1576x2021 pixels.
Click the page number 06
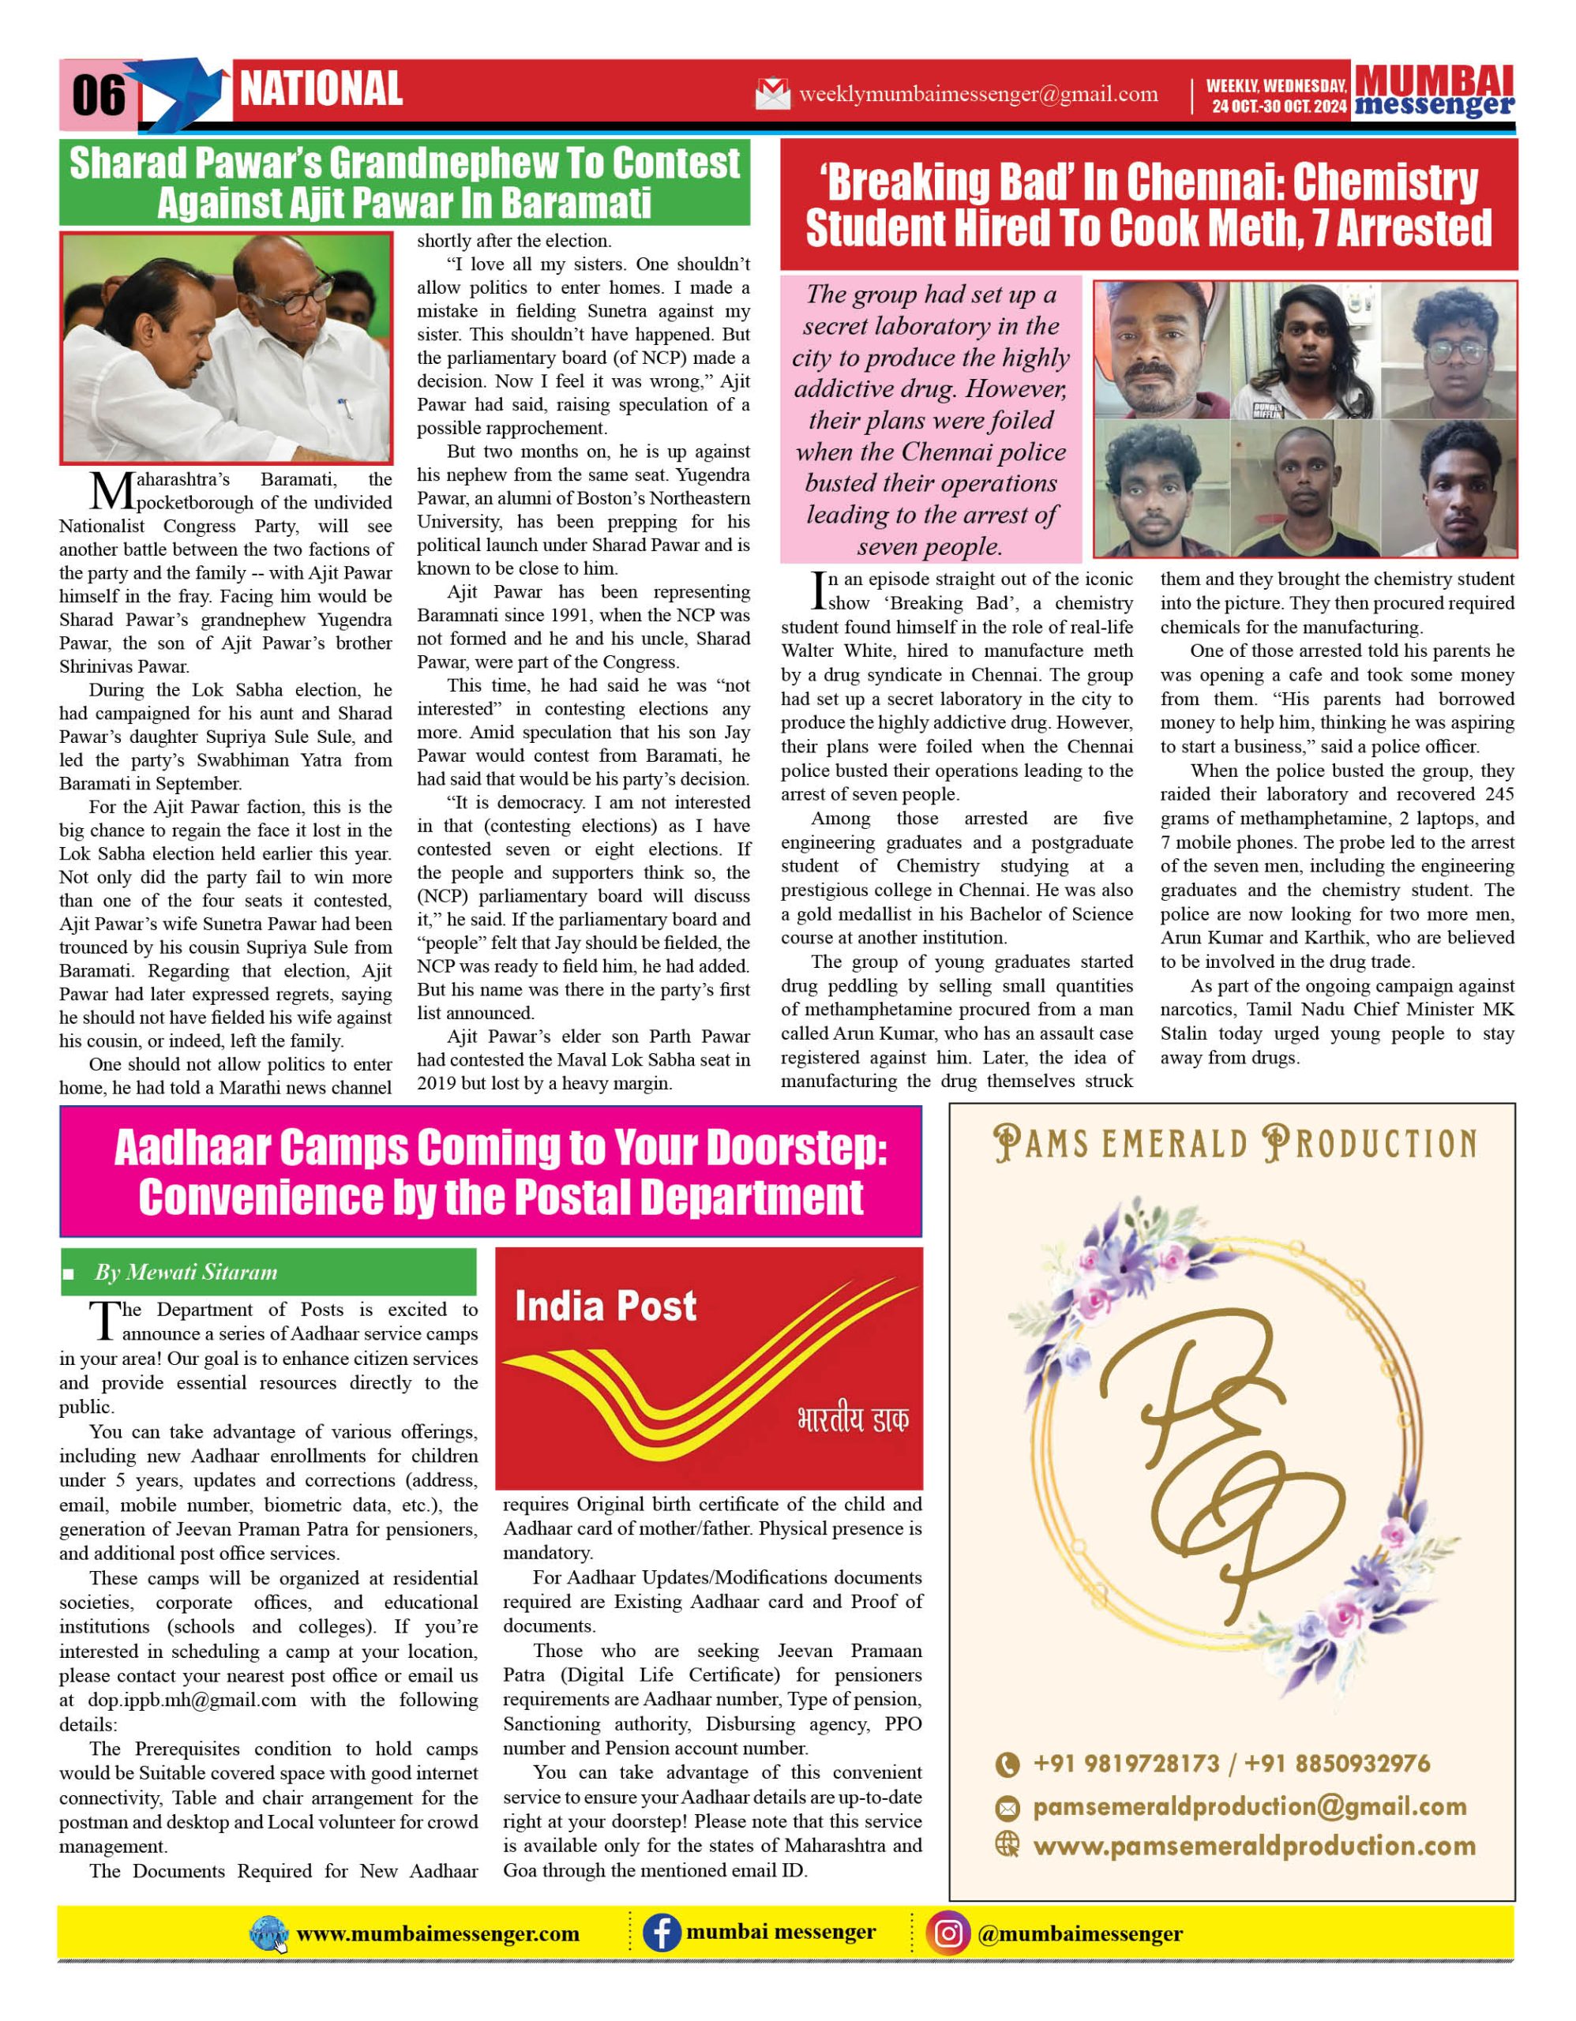98,96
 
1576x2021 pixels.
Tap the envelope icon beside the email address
773,93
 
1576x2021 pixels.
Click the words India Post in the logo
606,1307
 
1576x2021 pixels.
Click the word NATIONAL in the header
321,90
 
